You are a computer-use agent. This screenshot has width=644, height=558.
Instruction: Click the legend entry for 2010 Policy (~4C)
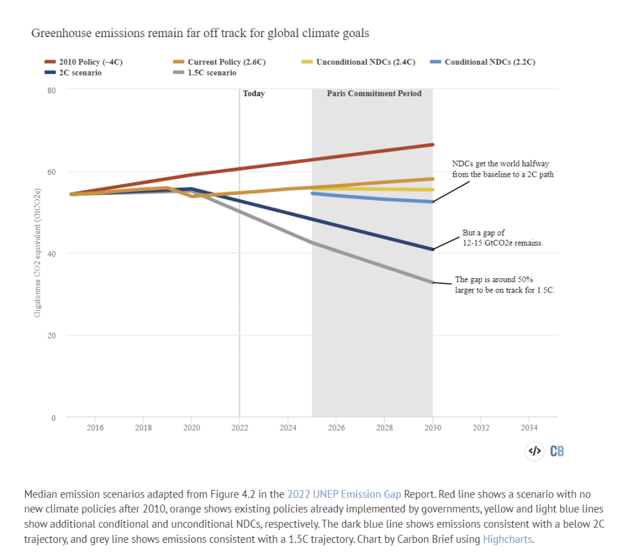point(88,62)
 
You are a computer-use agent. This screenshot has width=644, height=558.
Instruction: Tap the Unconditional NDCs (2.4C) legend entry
point(357,62)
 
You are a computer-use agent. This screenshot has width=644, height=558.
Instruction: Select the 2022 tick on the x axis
point(240,428)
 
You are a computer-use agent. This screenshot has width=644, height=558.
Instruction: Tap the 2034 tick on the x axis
point(529,428)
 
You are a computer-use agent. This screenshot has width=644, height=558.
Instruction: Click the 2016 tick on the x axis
point(95,428)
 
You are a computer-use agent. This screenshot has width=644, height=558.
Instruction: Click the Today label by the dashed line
point(254,94)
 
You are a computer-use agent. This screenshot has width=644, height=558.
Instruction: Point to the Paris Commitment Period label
point(374,94)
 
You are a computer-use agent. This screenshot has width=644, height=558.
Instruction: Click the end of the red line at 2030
point(432,145)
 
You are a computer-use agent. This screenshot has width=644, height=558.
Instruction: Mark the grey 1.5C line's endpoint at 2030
point(432,282)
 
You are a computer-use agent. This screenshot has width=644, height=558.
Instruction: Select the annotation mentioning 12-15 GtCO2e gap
point(498,238)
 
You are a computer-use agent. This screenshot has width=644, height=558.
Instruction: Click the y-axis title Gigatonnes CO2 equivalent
point(38,252)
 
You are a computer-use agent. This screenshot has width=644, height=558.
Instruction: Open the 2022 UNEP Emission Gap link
point(344,494)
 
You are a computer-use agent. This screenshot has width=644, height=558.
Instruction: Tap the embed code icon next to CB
point(534,450)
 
